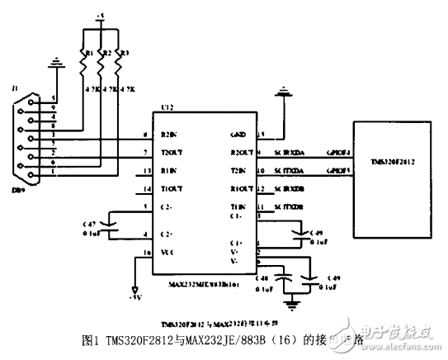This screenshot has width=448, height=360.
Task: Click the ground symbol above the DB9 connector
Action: (55, 62)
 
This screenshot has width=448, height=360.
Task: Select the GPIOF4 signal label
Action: (339, 154)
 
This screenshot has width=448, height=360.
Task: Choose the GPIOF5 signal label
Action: (339, 171)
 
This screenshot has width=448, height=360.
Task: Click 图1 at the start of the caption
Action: (91, 339)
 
